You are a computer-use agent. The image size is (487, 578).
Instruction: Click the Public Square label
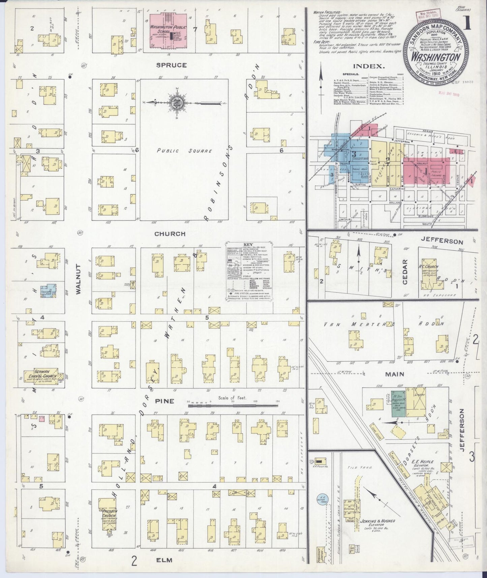184,151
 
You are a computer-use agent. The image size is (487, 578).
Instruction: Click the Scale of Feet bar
233,406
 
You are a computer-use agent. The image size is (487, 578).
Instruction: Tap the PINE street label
165,401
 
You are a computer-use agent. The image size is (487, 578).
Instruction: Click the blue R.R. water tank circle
323,500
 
